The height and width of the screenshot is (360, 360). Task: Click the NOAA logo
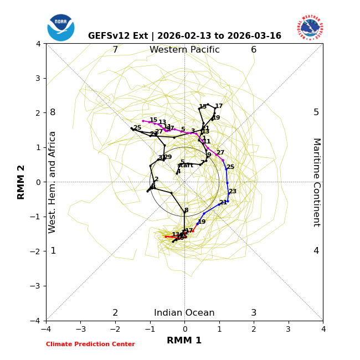[61, 28]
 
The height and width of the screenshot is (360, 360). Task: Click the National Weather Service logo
[310, 28]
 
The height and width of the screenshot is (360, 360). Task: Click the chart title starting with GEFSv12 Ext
[184, 36]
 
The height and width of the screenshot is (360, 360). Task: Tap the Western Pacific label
[184, 50]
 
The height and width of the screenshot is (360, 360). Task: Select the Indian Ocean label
[184, 313]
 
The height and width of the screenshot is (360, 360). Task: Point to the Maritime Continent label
[316, 182]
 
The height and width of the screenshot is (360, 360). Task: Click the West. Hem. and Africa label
[53, 182]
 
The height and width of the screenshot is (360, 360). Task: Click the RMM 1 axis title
[184, 341]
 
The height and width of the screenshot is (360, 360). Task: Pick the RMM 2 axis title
[22, 182]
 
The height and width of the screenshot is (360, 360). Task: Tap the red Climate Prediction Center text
[90, 344]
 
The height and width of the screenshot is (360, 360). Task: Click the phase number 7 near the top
[115, 50]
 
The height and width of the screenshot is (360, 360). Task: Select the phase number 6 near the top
[254, 50]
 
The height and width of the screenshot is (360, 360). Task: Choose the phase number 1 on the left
[53, 251]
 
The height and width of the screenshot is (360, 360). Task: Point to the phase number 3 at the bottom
[254, 313]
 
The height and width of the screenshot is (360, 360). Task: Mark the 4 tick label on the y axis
[38, 44]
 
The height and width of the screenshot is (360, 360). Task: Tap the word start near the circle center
[186, 166]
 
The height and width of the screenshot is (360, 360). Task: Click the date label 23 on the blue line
[233, 192]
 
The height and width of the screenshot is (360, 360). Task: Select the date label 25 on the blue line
[230, 167]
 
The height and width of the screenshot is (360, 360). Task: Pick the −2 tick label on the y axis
[36, 251]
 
